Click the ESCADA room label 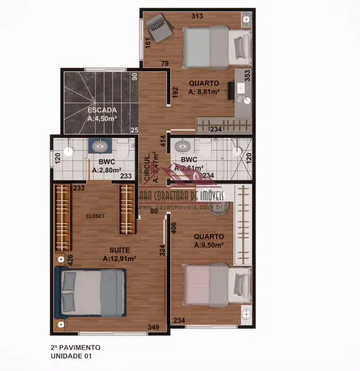click(x=102, y=110)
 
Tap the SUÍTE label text click(x=119, y=250)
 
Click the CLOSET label click(x=95, y=216)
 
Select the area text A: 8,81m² click(x=209, y=91)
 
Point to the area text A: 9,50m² click(x=208, y=245)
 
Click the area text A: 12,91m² click(x=119, y=259)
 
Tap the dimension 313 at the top click(x=197, y=16)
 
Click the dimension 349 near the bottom click(x=154, y=327)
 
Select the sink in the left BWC click(x=101, y=146)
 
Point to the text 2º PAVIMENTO click(x=75, y=347)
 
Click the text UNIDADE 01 click(x=71, y=356)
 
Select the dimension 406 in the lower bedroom click(x=174, y=227)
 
